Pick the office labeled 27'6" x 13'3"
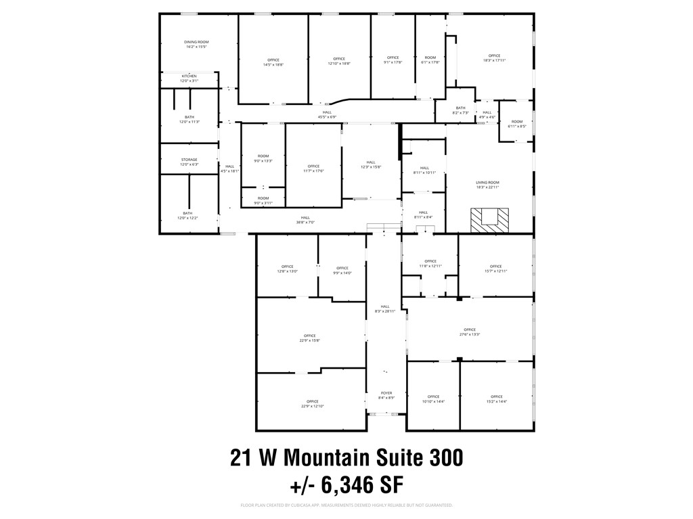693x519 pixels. click(x=470, y=332)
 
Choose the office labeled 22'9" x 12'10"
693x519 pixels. click(x=312, y=404)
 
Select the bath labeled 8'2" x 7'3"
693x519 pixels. click(x=460, y=110)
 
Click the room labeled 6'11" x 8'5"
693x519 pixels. click(x=517, y=124)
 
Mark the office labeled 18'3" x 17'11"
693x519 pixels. click(x=494, y=58)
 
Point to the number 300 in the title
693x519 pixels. click(x=446, y=457)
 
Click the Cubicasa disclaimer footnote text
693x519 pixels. click(x=346, y=505)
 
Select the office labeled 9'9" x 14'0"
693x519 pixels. click(x=342, y=270)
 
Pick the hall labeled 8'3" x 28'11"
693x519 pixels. click(x=385, y=309)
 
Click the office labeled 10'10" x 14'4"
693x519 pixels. click(x=433, y=399)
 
